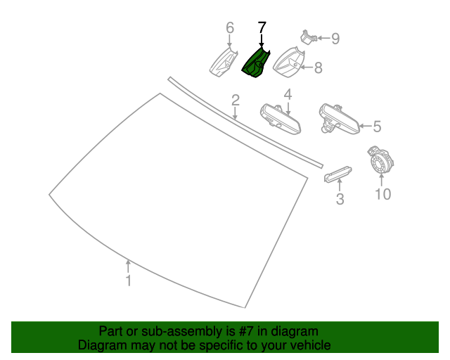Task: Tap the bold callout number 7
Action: [262, 28]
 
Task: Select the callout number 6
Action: [230, 28]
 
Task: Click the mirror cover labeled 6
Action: [224, 63]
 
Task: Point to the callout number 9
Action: [335, 39]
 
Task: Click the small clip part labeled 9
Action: [308, 37]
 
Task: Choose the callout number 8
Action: [319, 67]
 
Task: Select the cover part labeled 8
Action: [288, 63]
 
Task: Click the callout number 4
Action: [288, 94]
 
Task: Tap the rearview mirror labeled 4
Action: [281, 119]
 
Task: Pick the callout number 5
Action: [377, 127]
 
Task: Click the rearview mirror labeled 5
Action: [340, 118]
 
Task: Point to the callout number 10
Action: [383, 194]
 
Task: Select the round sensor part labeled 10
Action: [380, 160]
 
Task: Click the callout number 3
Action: [340, 199]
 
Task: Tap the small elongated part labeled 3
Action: [338, 174]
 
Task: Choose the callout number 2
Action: [236, 100]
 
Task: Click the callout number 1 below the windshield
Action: [129, 281]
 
